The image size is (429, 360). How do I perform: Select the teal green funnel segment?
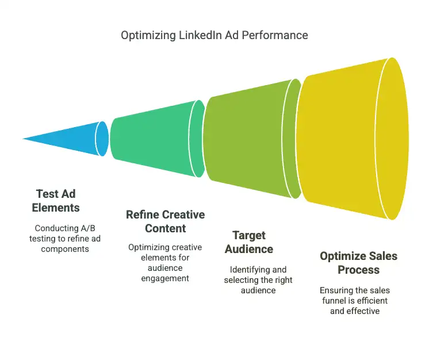(x=158, y=139)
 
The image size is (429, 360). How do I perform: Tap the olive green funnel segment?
(x=252, y=139)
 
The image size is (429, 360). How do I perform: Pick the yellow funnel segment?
(x=353, y=139)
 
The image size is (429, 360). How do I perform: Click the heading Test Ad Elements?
(x=56, y=201)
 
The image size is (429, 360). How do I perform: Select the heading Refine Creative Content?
(x=165, y=221)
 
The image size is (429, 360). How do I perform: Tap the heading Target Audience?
(x=249, y=242)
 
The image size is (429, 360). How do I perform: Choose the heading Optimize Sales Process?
(x=358, y=263)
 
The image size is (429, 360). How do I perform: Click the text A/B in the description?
(x=87, y=228)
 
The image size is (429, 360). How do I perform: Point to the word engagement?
(x=165, y=278)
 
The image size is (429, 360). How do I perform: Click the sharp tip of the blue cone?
(x=23, y=139)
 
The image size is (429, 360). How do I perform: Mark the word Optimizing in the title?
(x=148, y=36)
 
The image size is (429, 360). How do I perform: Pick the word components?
(x=65, y=249)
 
